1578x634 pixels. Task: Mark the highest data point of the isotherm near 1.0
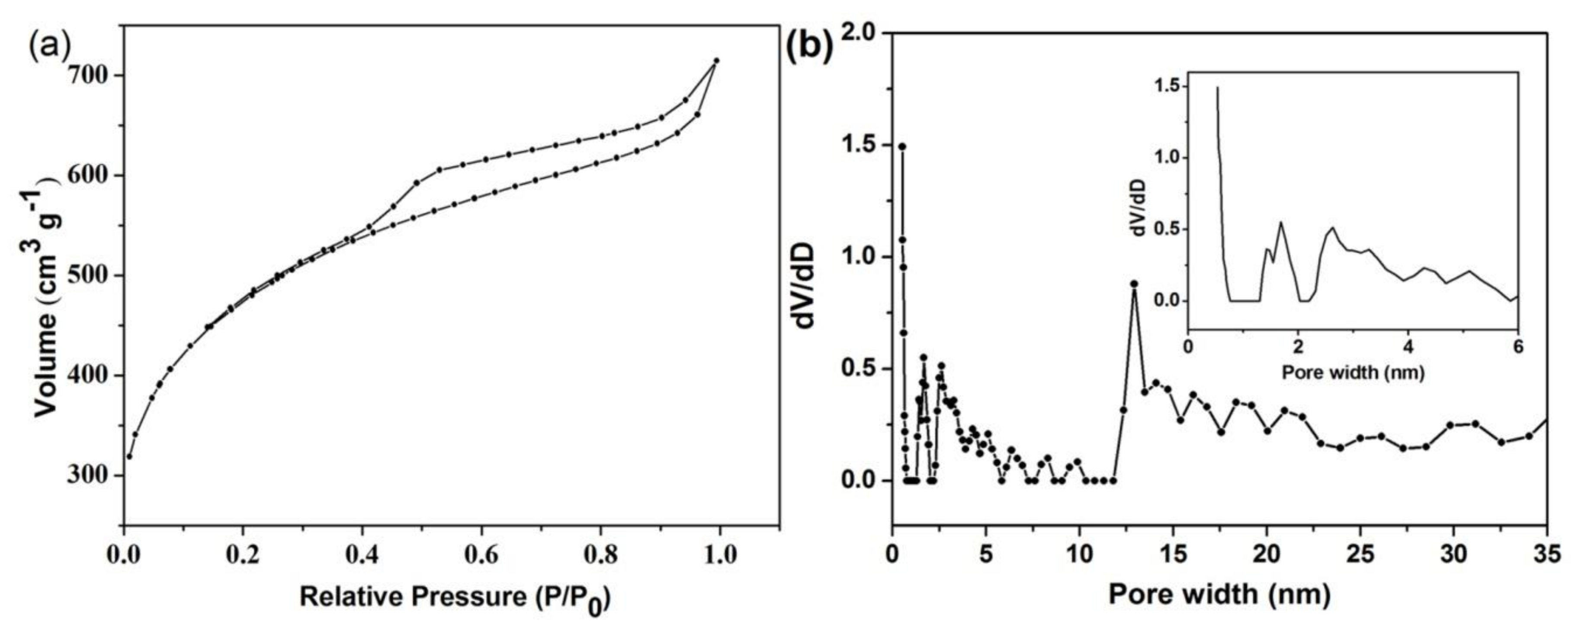click(716, 61)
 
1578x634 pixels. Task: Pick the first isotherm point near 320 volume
click(129, 456)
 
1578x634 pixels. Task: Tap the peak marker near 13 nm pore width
click(1134, 284)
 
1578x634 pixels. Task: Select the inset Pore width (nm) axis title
click(1353, 372)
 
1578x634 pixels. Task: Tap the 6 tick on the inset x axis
click(1518, 346)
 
